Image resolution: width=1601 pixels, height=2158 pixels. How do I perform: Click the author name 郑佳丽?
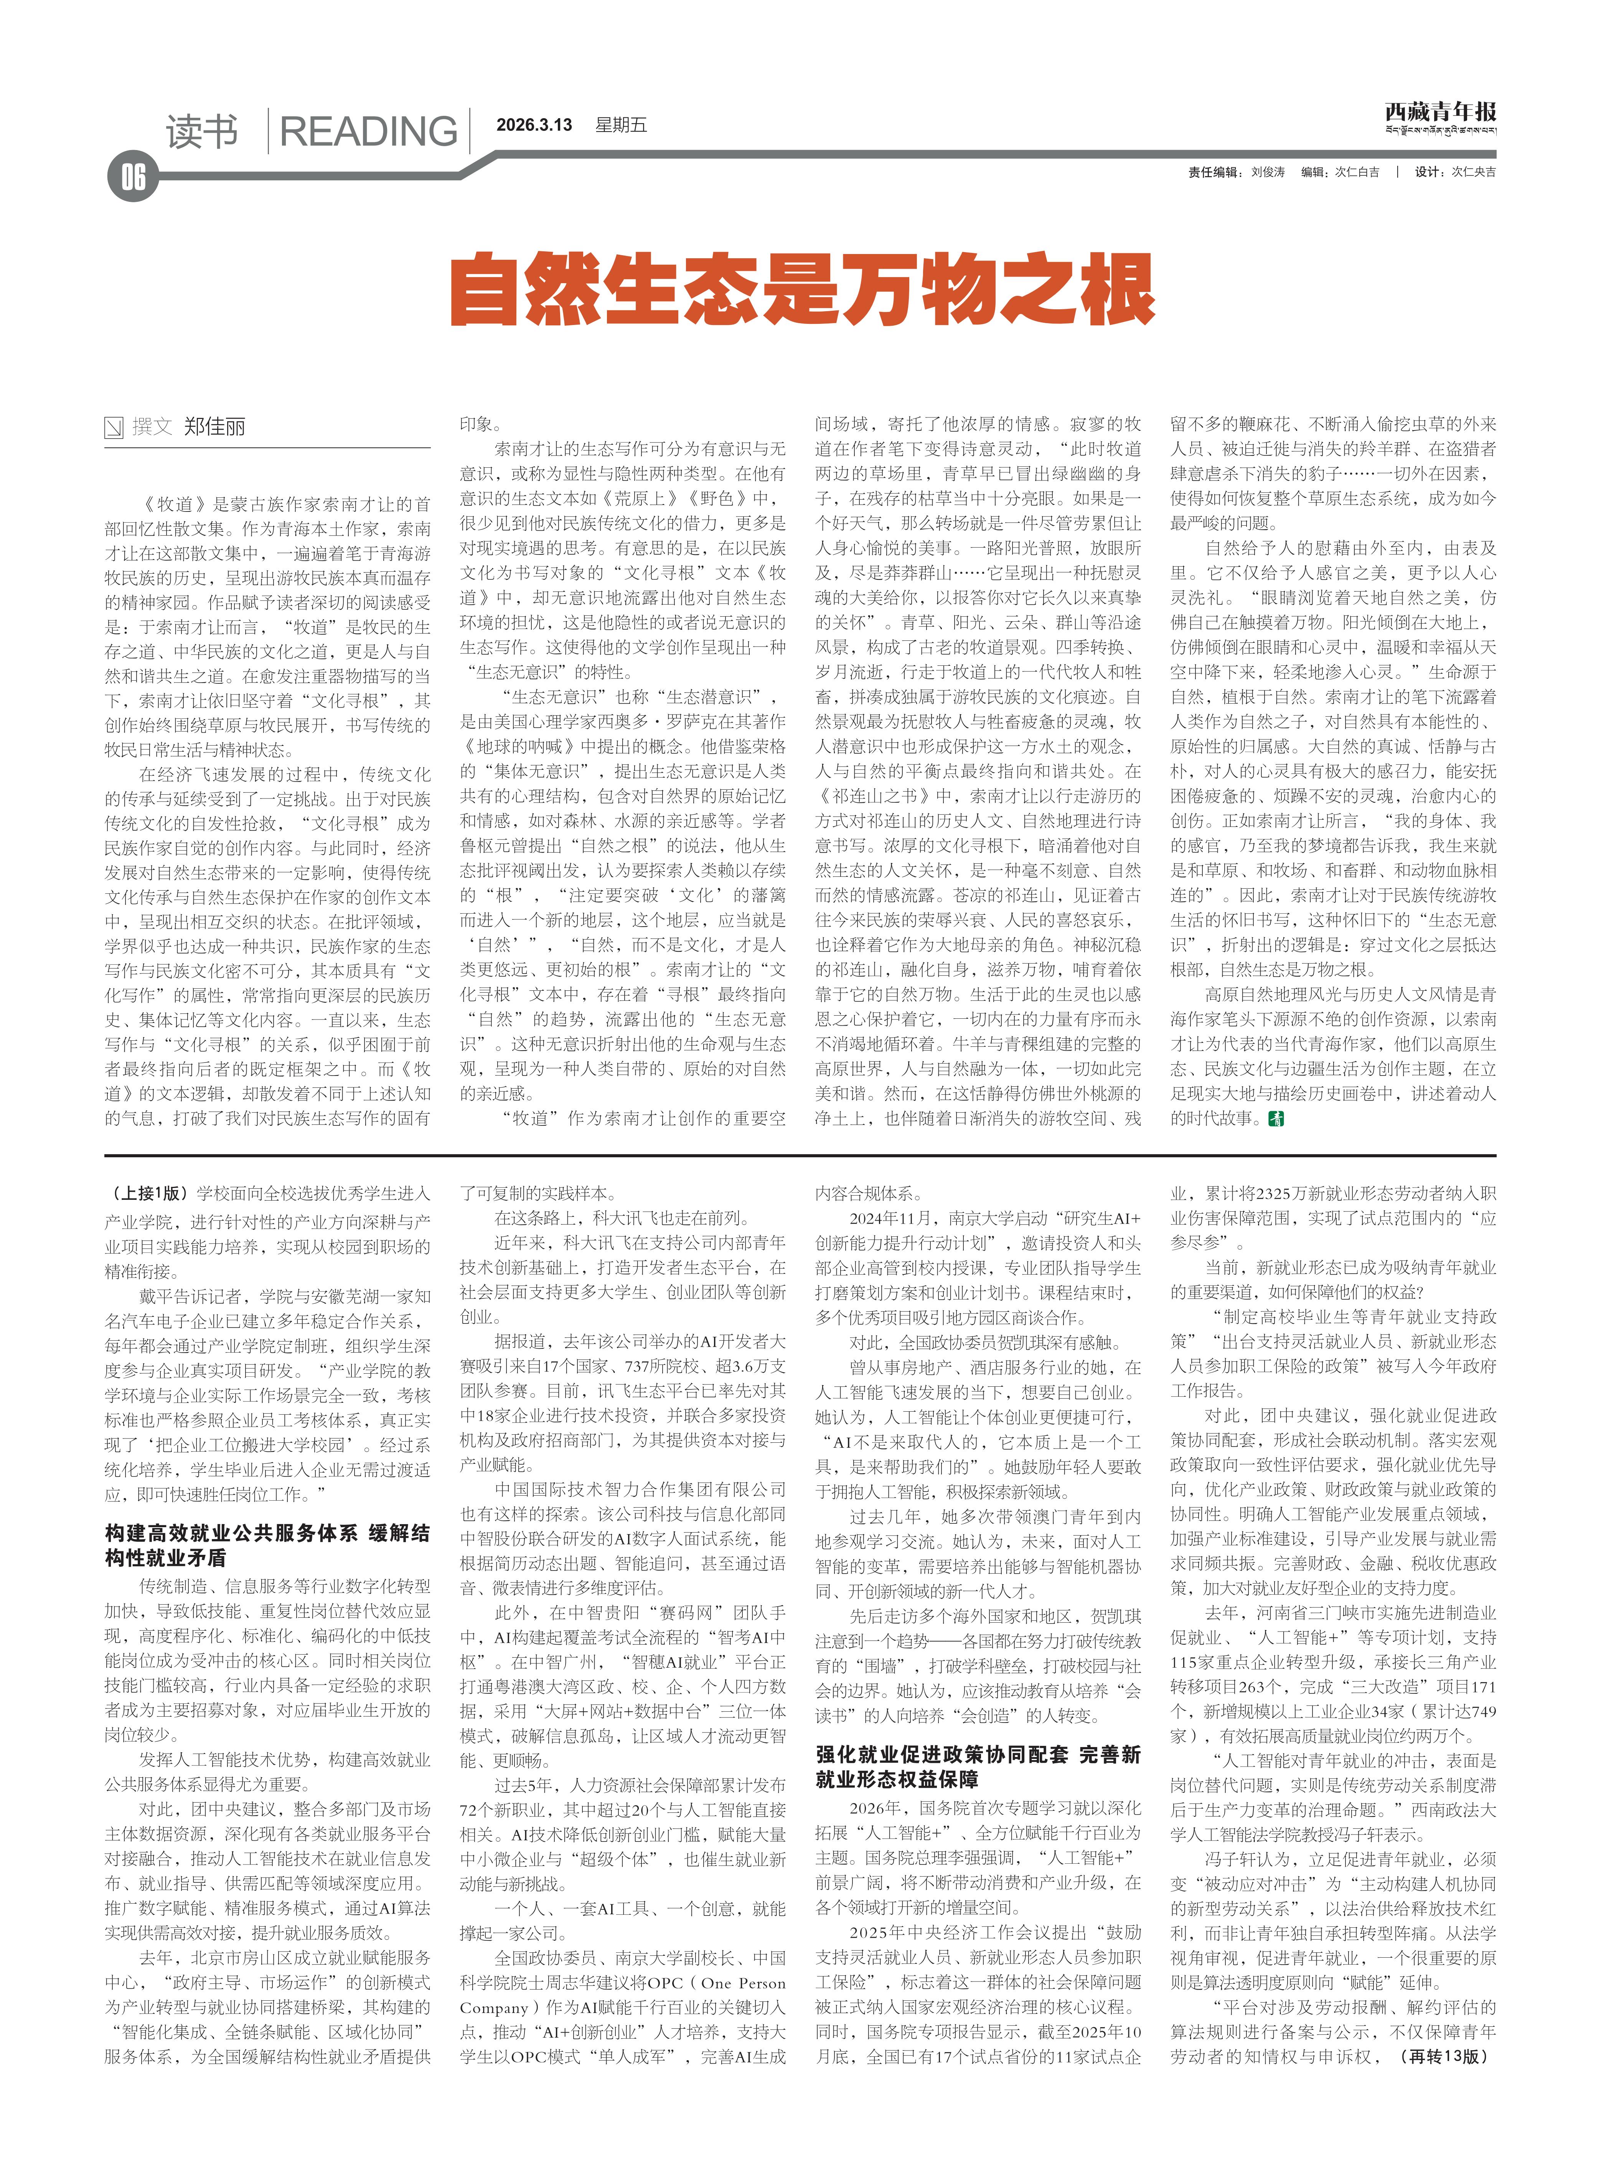[215, 426]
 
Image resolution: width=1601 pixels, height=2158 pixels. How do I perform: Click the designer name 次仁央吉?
[1473, 172]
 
